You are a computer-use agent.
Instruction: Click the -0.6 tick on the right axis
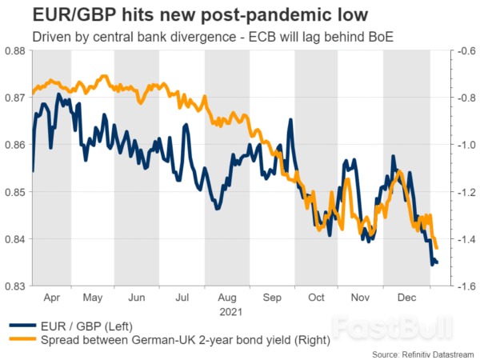[x=463, y=50]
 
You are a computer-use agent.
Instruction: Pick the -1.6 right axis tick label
[x=463, y=286]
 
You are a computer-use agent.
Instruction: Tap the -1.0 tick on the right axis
[x=463, y=145]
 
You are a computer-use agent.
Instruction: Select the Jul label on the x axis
[x=182, y=297]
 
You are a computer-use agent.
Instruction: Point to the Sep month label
[x=272, y=297]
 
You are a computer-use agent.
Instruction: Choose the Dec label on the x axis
[x=406, y=297]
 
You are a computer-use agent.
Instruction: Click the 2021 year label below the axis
[x=227, y=310]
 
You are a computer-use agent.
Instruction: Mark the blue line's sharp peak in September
[x=290, y=121]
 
